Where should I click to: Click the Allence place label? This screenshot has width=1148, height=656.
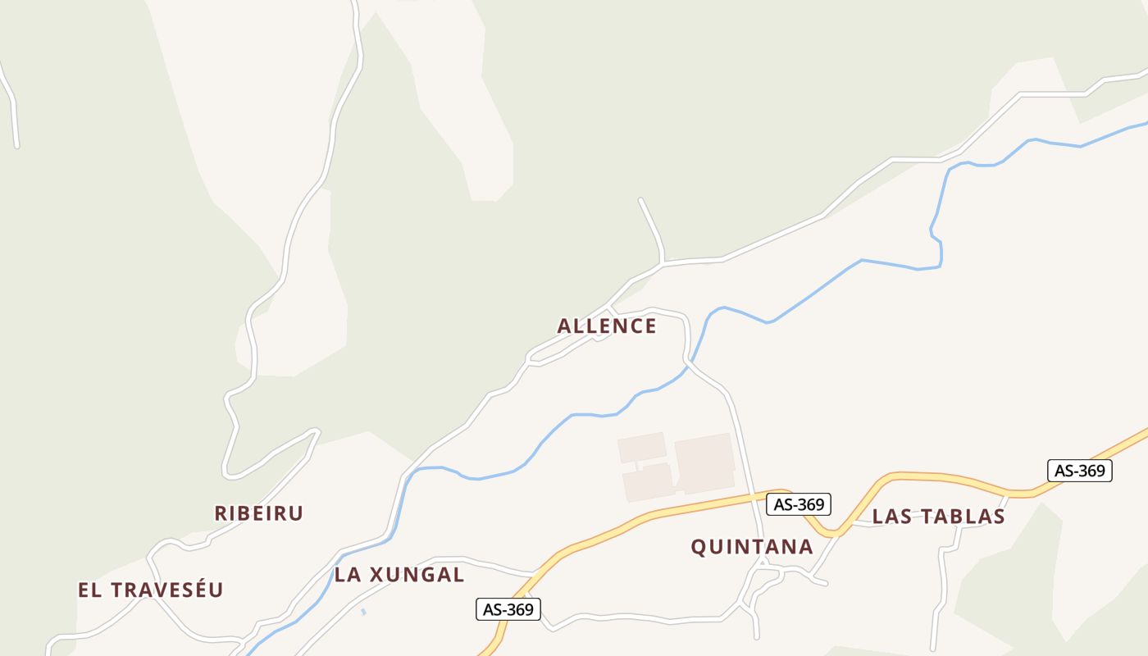click(607, 326)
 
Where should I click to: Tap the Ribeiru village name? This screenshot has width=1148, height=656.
click(259, 513)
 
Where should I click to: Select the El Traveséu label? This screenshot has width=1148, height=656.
click(150, 590)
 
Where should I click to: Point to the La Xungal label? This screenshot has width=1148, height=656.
click(399, 575)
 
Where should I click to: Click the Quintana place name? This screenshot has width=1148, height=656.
click(752, 547)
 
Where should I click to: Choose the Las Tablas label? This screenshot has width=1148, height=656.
click(938, 517)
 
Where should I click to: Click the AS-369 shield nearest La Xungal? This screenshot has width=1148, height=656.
click(508, 609)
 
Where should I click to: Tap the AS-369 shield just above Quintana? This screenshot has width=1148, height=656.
click(799, 503)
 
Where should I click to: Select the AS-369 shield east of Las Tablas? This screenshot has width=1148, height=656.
click(1080, 471)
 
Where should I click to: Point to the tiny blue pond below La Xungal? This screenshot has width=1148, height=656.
click(363, 611)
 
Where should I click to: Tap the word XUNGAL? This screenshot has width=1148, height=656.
click(417, 575)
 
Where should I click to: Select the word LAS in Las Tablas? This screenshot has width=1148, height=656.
click(891, 517)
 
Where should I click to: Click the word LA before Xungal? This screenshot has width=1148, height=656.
click(348, 575)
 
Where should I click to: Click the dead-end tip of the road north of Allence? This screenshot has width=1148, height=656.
click(640, 199)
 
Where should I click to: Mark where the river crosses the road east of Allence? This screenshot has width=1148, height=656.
click(690, 362)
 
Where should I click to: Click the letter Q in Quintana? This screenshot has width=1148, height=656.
click(699, 548)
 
